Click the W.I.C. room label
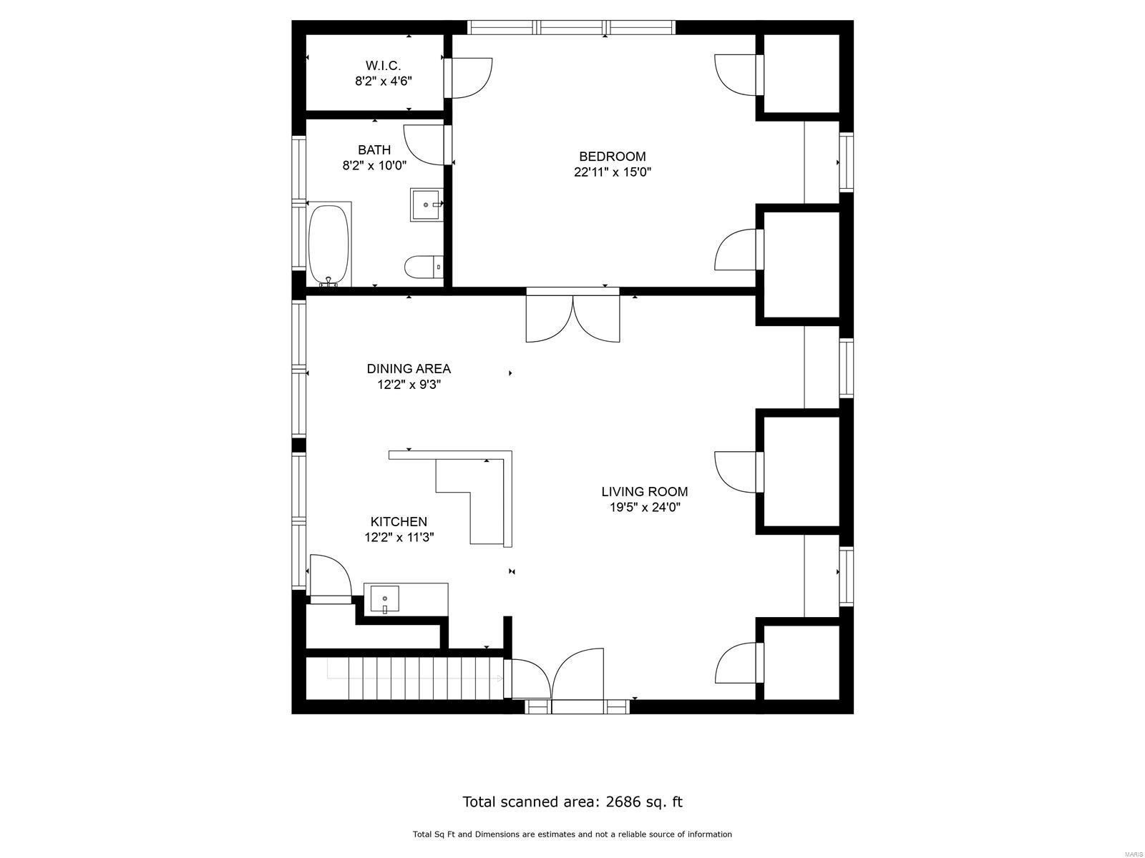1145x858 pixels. click(383, 66)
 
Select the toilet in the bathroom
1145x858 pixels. click(424, 267)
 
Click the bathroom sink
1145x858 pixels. click(427, 204)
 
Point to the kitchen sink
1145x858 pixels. click(384, 598)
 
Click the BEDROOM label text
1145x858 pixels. click(613, 157)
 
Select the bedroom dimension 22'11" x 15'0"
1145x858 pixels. click(613, 172)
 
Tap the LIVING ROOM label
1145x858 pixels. click(645, 491)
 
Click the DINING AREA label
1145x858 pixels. click(409, 369)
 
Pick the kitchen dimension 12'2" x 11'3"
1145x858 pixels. click(399, 537)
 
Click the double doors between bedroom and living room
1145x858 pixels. click(572, 317)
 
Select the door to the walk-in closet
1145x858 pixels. click(468, 78)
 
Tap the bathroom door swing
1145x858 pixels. click(424, 145)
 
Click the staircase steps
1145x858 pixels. click(404, 679)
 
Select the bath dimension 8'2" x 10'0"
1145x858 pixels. click(374, 166)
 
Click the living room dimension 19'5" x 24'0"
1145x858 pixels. click(645, 507)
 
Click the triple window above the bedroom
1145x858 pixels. click(571, 27)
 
